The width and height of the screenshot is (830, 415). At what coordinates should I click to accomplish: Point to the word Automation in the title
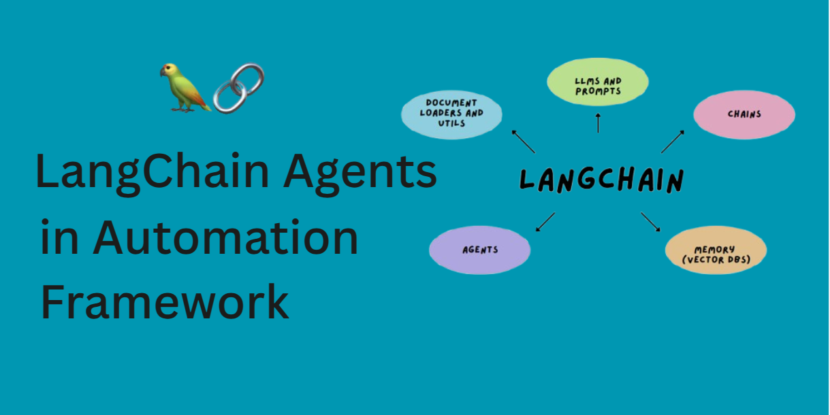225,238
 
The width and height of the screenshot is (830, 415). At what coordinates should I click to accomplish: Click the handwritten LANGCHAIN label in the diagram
601,181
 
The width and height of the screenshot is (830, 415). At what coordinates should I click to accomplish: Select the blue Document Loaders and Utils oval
451,113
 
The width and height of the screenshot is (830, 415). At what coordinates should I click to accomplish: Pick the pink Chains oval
744,114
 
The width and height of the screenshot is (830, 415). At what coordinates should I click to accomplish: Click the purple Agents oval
480,250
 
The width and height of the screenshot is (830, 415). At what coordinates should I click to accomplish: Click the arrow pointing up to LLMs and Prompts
598,122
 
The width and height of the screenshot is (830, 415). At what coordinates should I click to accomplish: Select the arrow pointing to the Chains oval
673,142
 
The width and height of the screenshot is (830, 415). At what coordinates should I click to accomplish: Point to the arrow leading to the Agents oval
545,222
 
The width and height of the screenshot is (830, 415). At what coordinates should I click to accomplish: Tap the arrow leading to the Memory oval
651,222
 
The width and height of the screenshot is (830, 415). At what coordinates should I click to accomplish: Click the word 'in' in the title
56,238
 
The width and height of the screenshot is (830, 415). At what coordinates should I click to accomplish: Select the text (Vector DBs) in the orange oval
716,259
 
